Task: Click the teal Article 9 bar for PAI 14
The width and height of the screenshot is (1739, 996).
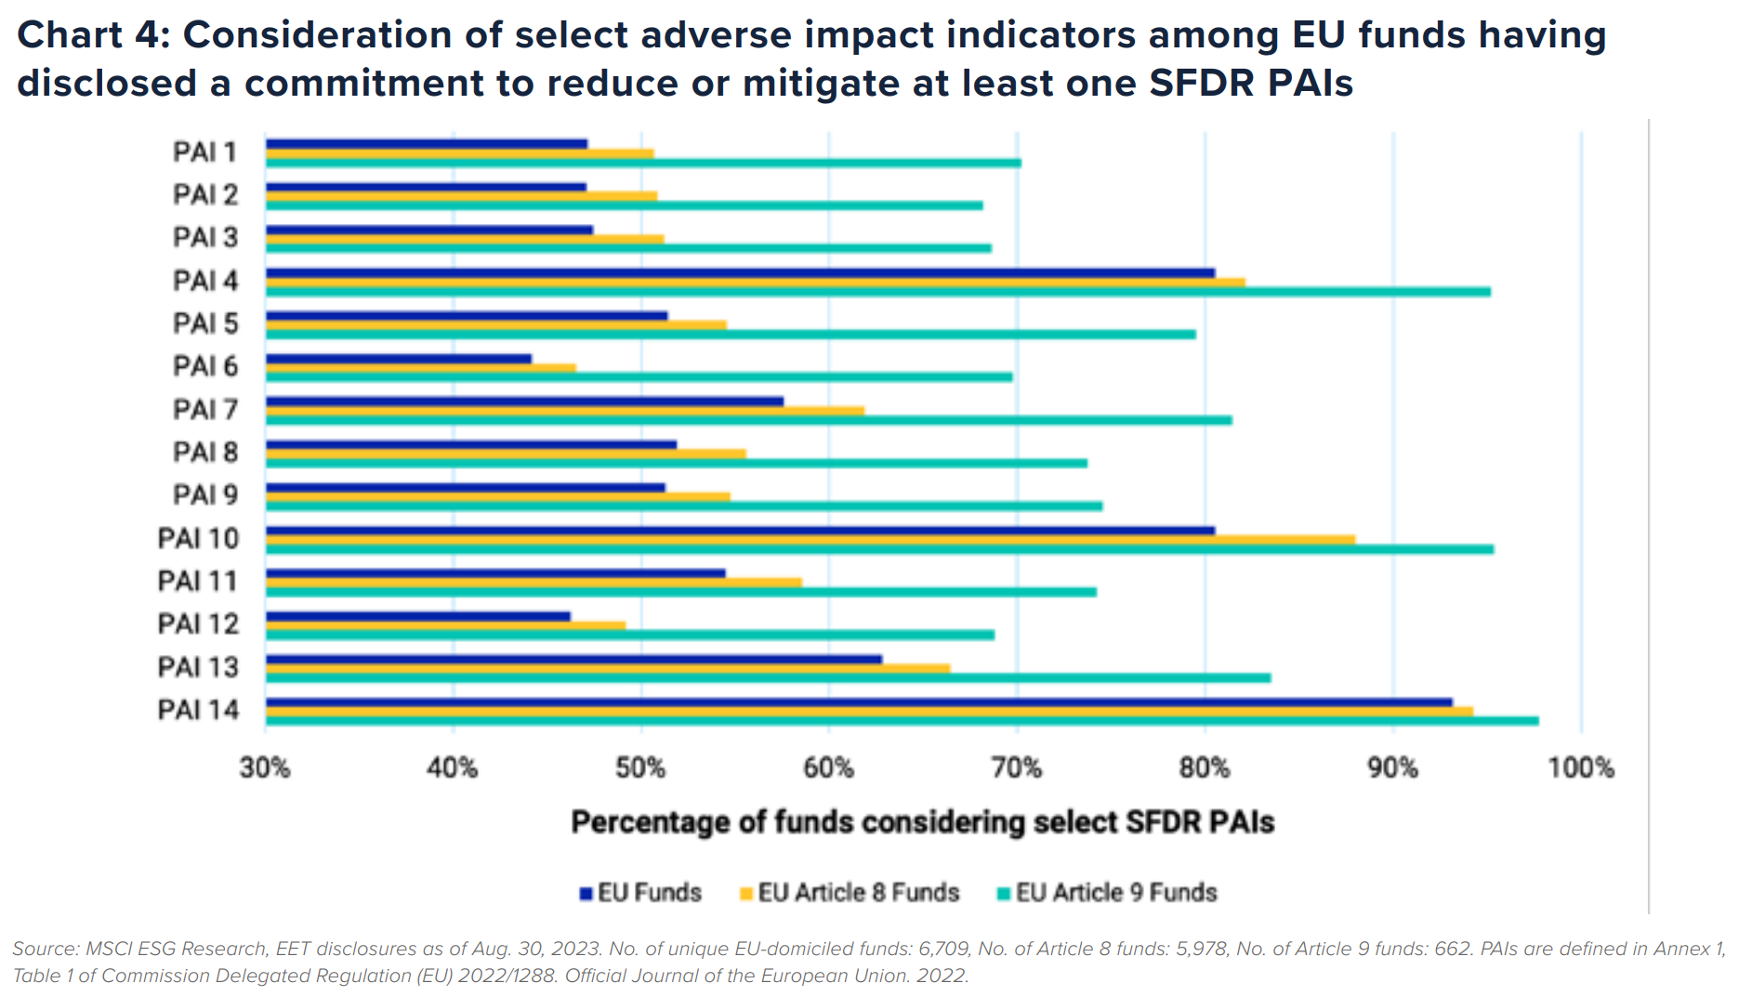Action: click(x=902, y=721)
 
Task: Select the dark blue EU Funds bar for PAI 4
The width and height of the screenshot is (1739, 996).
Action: click(x=740, y=273)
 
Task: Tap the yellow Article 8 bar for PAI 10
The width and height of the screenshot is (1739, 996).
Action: click(x=810, y=540)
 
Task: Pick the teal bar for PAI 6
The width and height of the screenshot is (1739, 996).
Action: click(x=639, y=377)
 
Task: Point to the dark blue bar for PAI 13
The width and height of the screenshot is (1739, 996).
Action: click(x=573, y=660)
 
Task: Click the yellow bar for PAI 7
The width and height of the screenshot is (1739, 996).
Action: click(x=565, y=411)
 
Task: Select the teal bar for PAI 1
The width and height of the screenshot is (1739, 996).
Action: click(x=643, y=163)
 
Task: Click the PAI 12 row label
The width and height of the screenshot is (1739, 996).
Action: click(x=198, y=624)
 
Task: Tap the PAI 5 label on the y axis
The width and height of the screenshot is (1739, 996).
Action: click(x=205, y=323)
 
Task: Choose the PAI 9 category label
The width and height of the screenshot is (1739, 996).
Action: click(x=205, y=495)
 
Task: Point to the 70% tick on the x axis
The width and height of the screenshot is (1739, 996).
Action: click(x=1017, y=768)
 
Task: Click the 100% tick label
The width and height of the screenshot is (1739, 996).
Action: click(x=1580, y=768)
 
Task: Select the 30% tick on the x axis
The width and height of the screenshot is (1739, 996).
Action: click(x=265, y=768)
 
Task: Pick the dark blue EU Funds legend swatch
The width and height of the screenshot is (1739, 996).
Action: click(x=586, y=894)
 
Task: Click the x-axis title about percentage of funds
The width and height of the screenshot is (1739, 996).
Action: click(x=922, y=822)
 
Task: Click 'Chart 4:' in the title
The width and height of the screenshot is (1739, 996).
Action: click(x=92, y=35)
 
